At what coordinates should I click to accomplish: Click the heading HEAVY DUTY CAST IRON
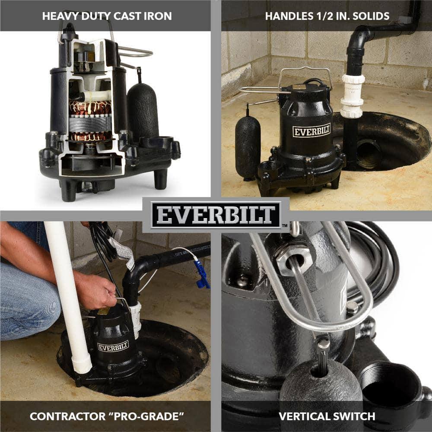point(107,16)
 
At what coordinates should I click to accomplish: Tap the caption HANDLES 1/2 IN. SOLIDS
point(327,16)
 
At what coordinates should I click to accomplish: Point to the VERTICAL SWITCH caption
point(327,416)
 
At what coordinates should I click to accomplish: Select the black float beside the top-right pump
point(248,147)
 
